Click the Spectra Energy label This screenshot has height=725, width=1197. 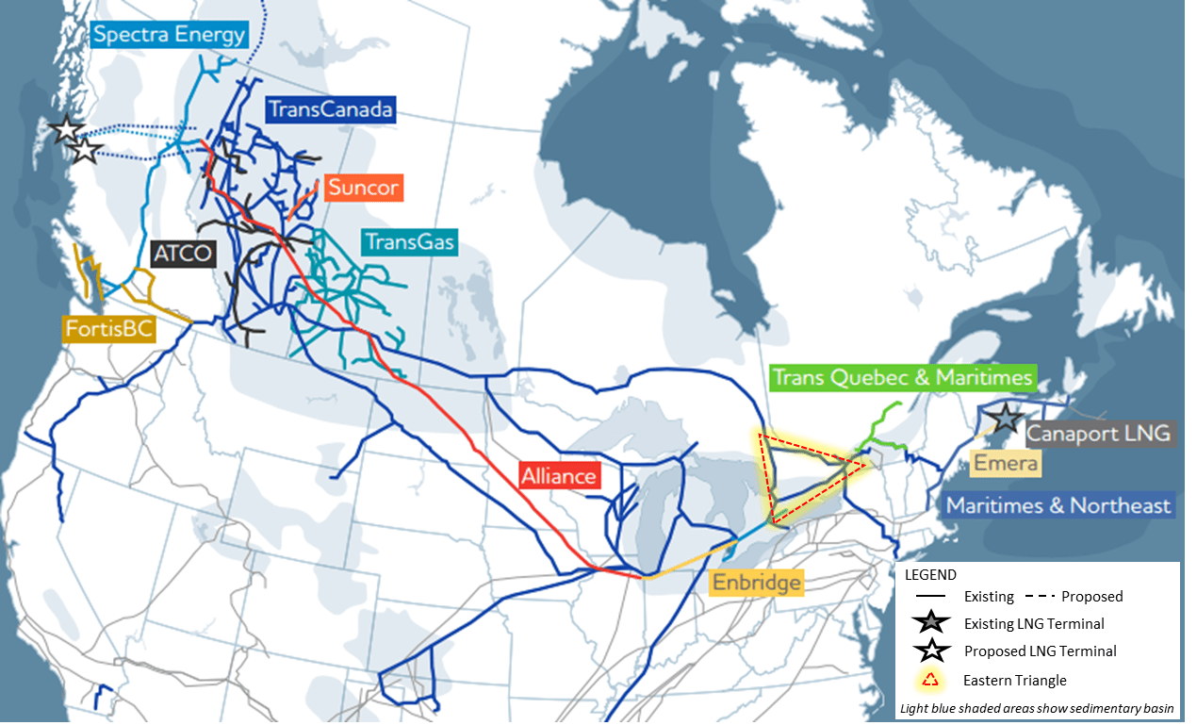169,36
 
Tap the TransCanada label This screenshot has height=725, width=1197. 329,109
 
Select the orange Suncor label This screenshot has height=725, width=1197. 363,188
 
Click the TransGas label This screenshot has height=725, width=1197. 410,242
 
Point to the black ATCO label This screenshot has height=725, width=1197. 183,254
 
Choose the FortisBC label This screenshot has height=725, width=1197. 108,330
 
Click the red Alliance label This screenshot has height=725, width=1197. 559,475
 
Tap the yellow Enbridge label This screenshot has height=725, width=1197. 757,582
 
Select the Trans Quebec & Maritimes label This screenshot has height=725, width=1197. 903,378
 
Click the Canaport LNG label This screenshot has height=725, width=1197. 1098,434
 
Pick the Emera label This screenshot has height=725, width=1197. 1006,464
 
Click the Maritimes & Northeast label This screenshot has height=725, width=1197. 1058,505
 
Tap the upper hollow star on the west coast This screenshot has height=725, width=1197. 67,130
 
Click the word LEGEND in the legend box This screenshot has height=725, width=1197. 930,574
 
